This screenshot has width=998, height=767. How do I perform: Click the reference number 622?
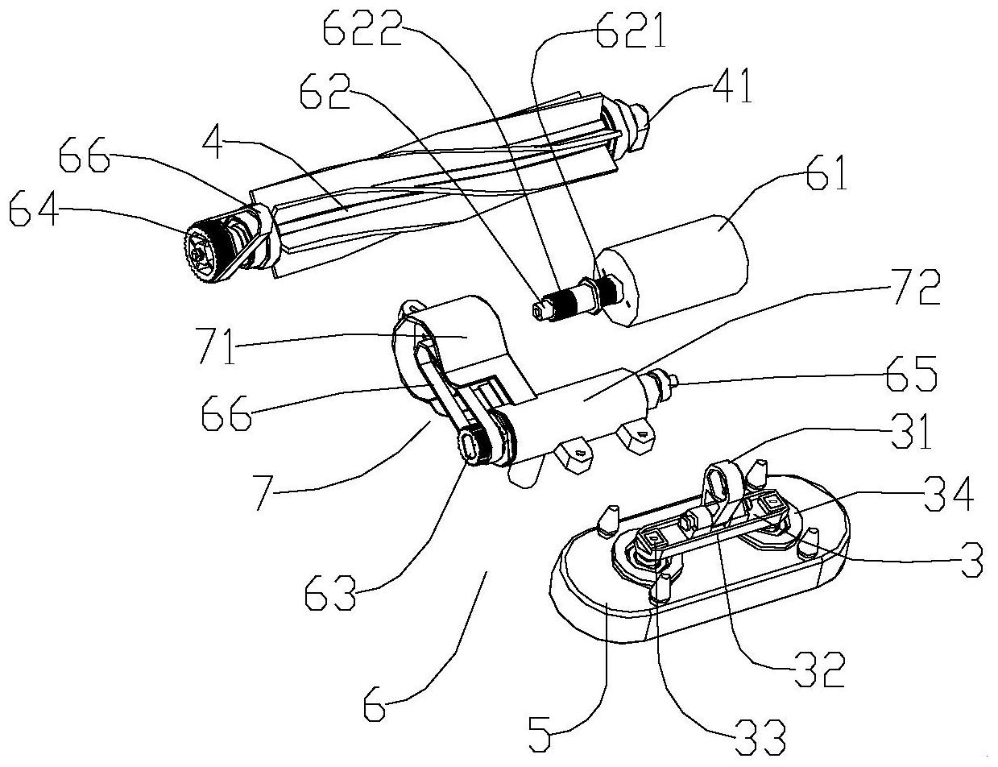362,27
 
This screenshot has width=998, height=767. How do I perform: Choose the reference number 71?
217,346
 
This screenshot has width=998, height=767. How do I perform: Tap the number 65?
911,373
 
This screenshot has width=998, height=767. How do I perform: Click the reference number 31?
911,431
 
